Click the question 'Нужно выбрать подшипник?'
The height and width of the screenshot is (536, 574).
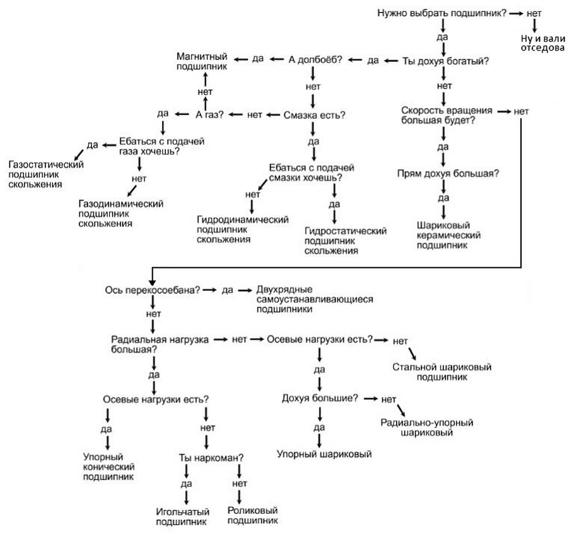(x=441, y=13)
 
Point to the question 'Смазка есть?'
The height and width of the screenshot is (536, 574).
(x=314, y=115)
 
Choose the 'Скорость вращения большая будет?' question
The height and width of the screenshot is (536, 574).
(x=444, y=115)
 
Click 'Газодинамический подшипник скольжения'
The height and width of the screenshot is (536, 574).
(x=120, y=214)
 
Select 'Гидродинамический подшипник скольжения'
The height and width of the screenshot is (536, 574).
(x=243, y=229)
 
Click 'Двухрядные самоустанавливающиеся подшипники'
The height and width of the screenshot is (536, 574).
(x=315, y=299)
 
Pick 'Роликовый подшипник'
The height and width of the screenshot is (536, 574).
(x=252, y=515)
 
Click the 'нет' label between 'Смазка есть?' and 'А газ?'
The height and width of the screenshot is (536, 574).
(x=255, y=115)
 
